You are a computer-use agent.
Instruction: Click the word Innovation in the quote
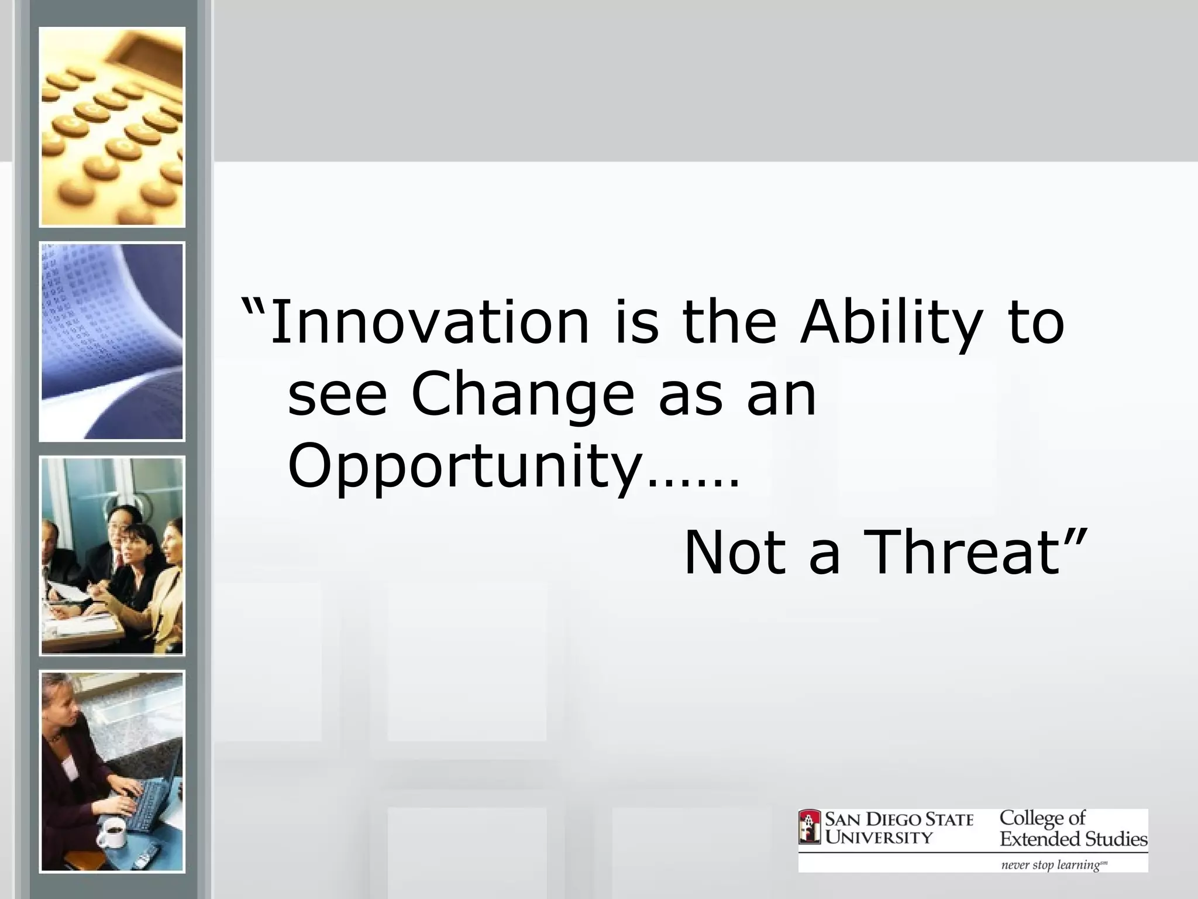(429, 322)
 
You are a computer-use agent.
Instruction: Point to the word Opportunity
(466, 468)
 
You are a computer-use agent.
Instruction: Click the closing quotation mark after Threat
(1075, 536)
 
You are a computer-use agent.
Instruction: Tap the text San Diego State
(899, 819)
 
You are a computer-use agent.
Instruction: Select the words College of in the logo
(1042, 818)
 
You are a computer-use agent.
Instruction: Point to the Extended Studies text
(1073, 839)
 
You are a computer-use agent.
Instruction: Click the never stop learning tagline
(1053, 864)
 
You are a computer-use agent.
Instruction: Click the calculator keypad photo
(112, 127)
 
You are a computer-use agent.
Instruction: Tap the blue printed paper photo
(112, 342)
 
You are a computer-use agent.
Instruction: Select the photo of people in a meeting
(112, 556)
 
